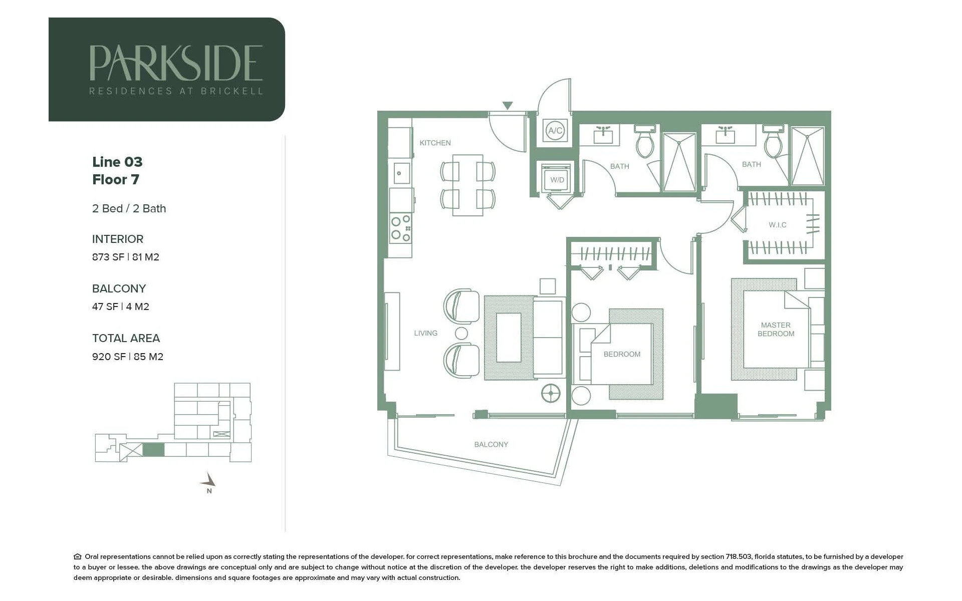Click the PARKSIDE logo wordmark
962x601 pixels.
[176, 63]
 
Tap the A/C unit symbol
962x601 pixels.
[555, 131]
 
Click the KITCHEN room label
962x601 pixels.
[435, 143]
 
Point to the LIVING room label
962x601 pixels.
[425, 333]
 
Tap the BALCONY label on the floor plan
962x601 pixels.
[491, 444]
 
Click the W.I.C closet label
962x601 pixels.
[778, 225]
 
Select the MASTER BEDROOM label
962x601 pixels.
[776, 330]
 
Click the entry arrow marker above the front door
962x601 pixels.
[508, 106]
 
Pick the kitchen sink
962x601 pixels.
[401, 173]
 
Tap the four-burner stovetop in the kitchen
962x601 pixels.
[401, 228]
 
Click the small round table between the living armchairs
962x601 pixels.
[461, 333]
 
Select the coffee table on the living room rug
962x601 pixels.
[509, 338]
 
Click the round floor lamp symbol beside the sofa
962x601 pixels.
[551, 393]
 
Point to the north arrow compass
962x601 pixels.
[209, 482]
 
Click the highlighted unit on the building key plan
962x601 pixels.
[153, 449]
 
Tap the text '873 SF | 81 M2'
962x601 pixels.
[126, 257]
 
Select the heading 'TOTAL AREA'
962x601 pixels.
[126, 338]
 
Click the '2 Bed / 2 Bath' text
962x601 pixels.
[129, 208]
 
